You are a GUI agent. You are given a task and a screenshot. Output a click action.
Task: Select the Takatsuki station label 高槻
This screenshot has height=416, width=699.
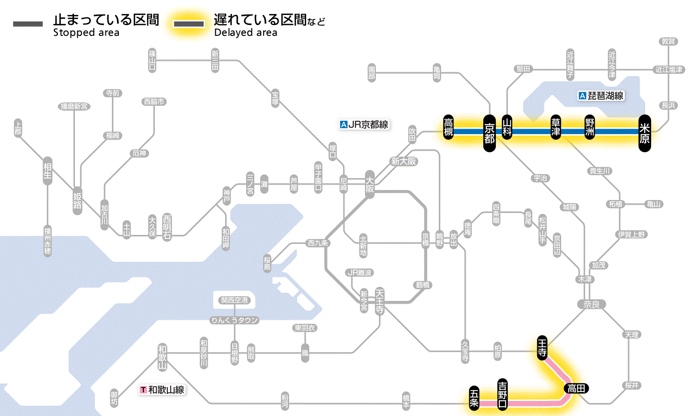pos(448,127)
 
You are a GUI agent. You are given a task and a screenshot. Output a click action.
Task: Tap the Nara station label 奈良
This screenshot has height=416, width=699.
pos(591,304)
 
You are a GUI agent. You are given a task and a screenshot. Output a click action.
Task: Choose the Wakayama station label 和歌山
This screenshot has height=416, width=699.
pos(162,356)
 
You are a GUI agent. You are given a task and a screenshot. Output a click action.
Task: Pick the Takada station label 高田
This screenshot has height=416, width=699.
pos(576,388)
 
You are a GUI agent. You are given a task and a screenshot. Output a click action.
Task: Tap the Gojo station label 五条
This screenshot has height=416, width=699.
pos(474,398)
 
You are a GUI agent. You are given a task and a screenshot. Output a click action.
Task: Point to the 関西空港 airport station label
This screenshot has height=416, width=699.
pos(235,300)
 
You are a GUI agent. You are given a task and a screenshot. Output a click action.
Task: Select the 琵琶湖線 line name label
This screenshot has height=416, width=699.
pos(601,96)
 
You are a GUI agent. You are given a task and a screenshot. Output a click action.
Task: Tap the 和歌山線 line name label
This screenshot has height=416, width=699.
pos(162,390)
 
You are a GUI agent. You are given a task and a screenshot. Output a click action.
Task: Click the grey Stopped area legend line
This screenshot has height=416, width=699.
pos(28,24)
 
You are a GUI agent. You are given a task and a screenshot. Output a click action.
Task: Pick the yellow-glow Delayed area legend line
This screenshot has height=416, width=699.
pos(189,24)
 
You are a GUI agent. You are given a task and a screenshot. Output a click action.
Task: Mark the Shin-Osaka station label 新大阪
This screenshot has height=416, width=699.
pos(403,162)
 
